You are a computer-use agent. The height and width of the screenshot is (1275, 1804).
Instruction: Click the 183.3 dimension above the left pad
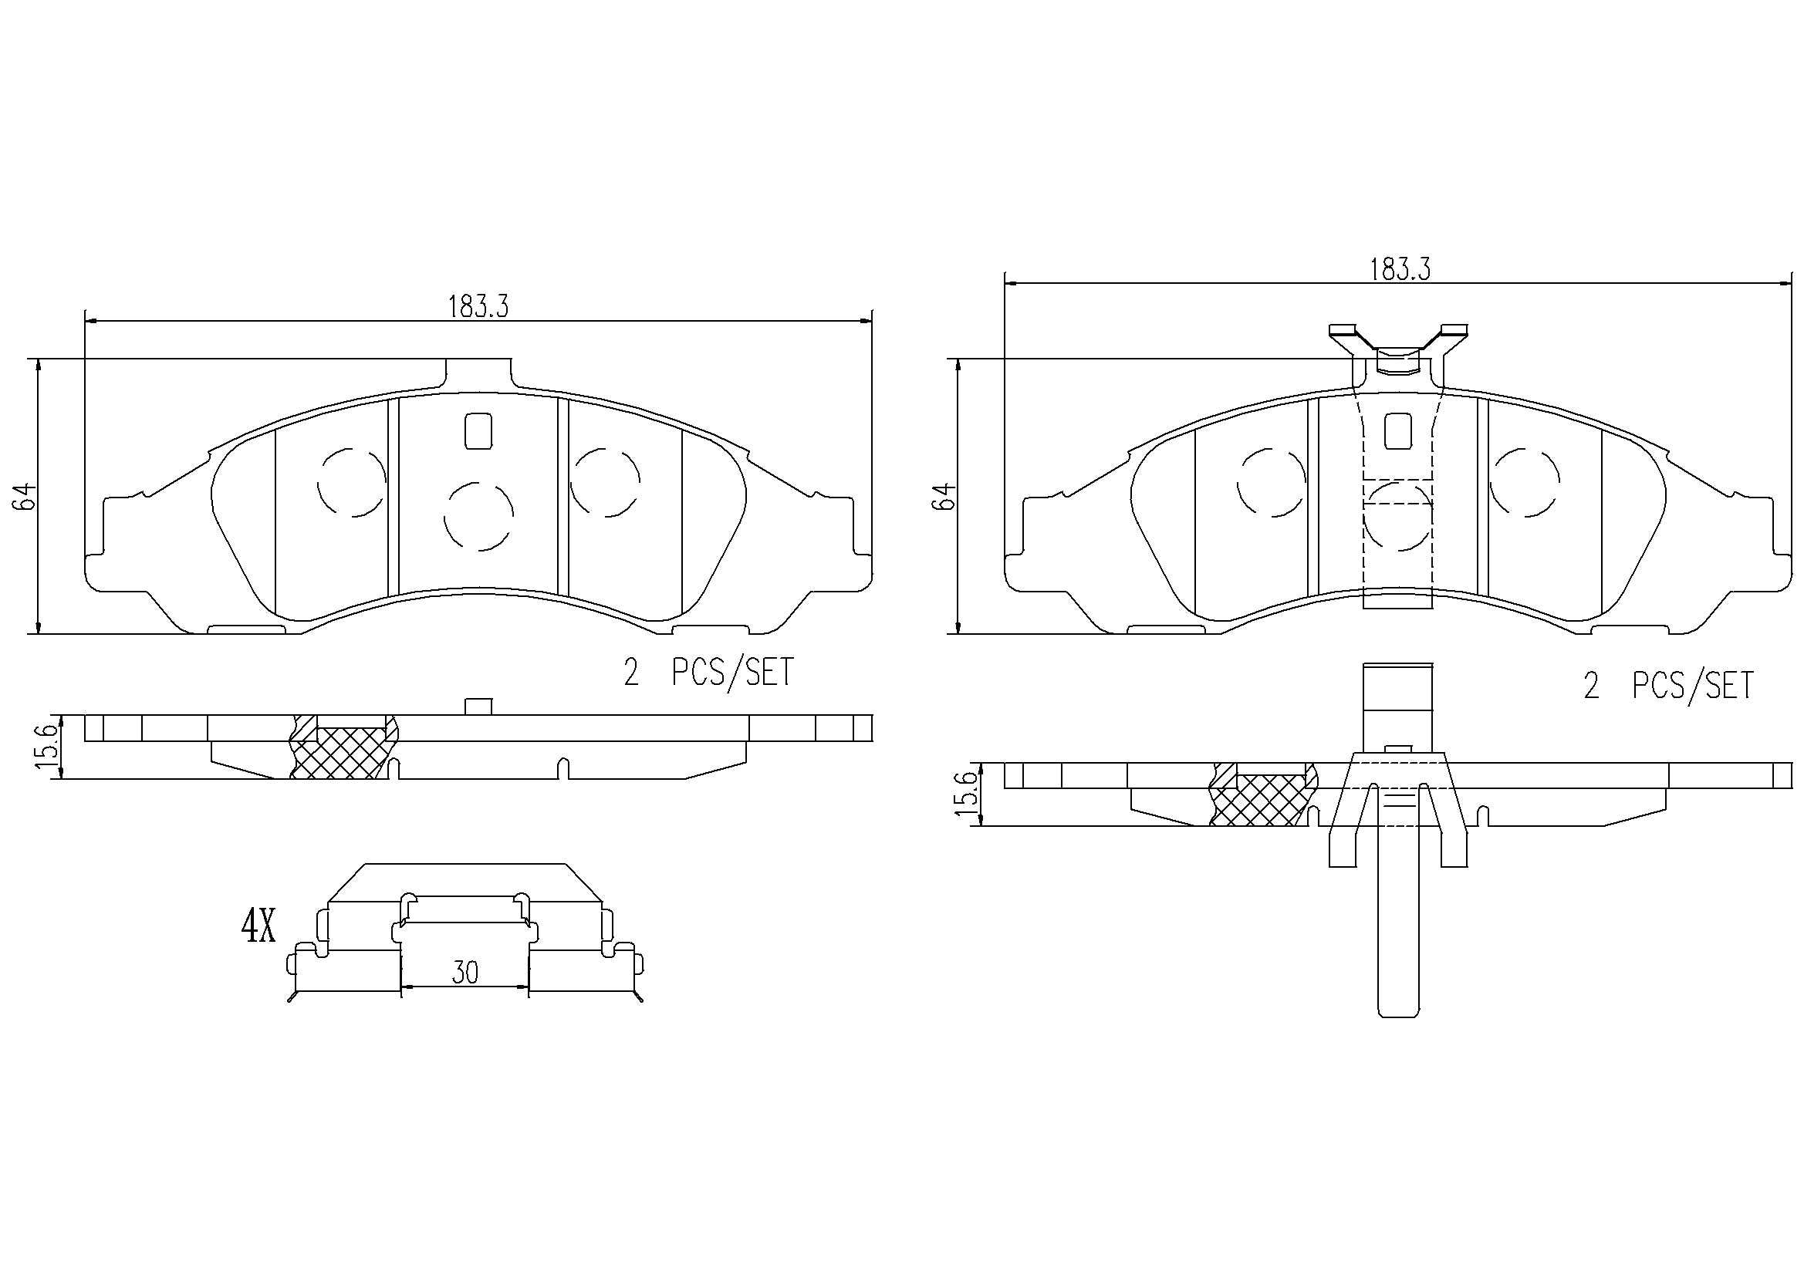[478, 306]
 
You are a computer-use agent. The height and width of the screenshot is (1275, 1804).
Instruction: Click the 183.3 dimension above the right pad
[1400, 269]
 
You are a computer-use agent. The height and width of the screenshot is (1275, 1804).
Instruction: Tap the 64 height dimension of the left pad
[25, 497]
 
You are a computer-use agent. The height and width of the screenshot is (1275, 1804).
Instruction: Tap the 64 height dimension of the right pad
[945, 497]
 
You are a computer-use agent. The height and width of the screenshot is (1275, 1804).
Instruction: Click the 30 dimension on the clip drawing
[465, 973]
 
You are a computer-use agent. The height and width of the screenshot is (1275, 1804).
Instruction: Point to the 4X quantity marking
[258, 928]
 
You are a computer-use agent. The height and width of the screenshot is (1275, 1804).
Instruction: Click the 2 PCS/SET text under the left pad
[708, 673]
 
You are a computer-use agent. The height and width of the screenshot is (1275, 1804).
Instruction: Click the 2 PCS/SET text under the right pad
[1669, 686]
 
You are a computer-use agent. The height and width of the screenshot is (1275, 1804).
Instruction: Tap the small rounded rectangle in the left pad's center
[478, 430]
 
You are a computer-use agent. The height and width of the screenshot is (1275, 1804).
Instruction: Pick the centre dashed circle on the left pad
[478, 517]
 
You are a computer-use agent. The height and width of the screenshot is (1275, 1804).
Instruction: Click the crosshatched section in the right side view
[1262, 800]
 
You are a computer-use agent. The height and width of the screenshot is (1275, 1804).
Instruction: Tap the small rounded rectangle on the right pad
[1399, 430]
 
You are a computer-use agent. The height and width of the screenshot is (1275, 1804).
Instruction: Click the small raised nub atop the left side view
[478, 707]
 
